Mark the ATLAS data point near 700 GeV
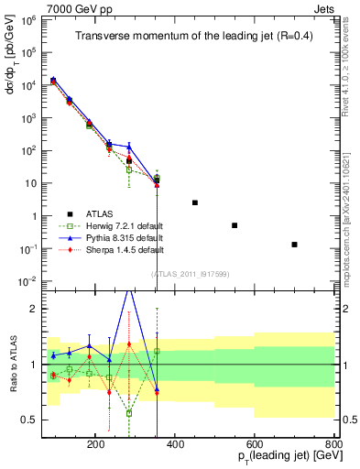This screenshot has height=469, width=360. [294, 245]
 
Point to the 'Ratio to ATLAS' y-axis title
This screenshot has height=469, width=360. [15, 364]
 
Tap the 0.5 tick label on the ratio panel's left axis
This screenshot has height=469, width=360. [31, 420]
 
